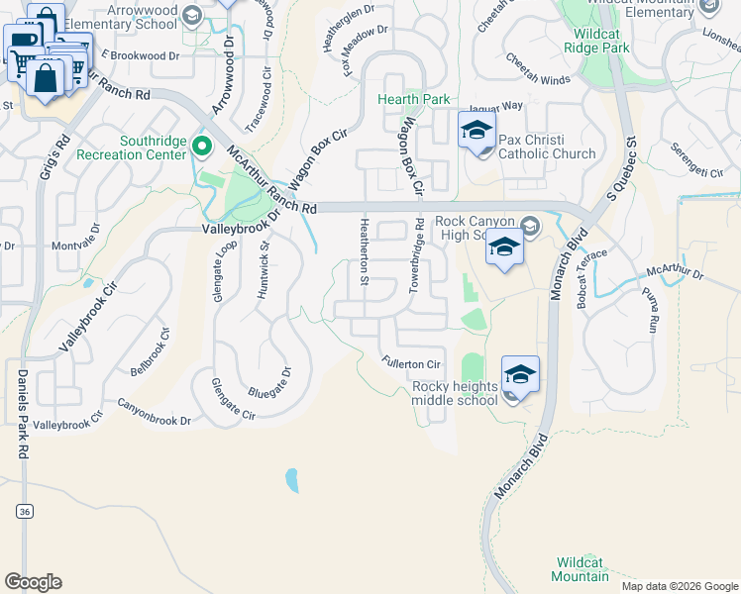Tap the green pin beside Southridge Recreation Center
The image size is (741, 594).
(x=202, y=148)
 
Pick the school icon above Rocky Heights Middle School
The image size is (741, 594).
(x=519, y=375)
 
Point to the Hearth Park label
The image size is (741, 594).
(x=413, y=99)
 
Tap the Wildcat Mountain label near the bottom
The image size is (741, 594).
(x=580, y=569)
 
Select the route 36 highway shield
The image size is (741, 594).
(x=24, y=511)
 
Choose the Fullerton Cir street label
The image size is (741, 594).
(x=410, y=364)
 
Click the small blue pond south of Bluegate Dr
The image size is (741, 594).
(x=291, y=481)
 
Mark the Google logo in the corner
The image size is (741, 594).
(x=33, y=582)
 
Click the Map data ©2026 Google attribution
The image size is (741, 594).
(x=680, y=586)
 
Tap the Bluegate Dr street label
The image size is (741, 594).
(x=269, y=378)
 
